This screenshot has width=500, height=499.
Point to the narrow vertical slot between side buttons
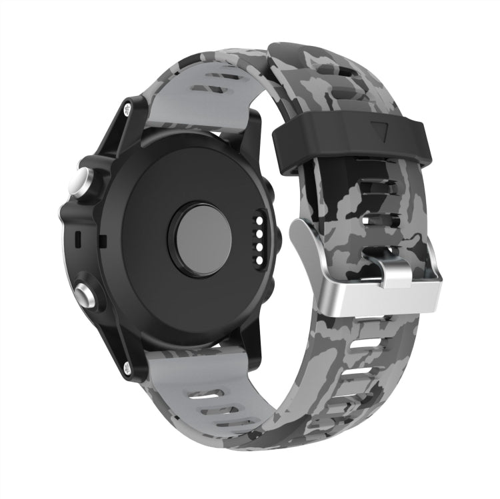point(78,237)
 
